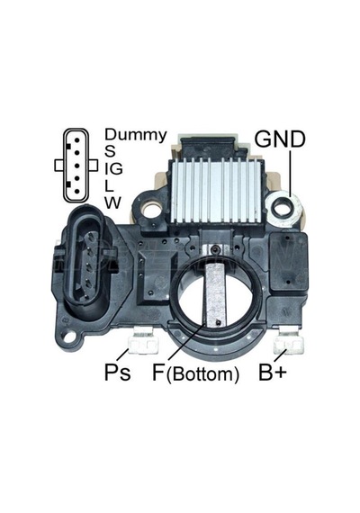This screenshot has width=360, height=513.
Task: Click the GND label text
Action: click(x=280, y=139)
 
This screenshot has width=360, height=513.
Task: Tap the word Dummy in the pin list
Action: click(x=136, y=135)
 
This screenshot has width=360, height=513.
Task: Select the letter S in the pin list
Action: click(x=110, y=151)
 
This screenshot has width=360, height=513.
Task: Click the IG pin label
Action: click(x=113, y=168)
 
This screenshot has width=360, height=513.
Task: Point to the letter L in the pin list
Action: click(x=109, y=185)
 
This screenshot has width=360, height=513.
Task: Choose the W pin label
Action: click(x=112, y=202)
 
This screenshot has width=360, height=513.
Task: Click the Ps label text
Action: click(x=117, y=372)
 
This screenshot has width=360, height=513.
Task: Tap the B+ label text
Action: click(x=273, y=372)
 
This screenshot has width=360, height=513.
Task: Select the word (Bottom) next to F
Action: click(x=202, y=374)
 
